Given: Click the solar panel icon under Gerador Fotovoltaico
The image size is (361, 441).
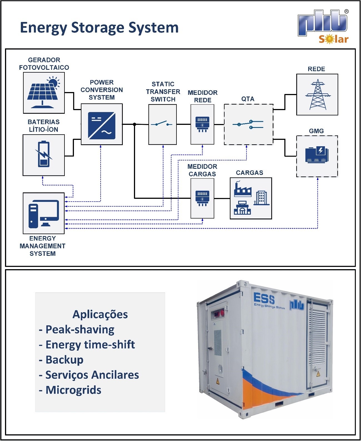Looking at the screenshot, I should point(44,92).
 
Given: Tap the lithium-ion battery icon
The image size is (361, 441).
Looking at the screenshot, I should point(44,155).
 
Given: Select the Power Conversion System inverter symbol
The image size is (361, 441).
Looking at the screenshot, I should point(101,125).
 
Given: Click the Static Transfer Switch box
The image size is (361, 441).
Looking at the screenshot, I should point(163,124).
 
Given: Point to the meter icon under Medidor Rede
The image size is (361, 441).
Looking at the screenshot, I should point(202,124).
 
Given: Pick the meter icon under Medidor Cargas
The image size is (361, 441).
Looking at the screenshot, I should point(202,198).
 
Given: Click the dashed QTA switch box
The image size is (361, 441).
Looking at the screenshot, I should point(248,124).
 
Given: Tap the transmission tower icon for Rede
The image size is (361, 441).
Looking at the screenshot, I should point(317,95).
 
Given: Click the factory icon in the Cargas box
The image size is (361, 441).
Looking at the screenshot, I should point(243,190).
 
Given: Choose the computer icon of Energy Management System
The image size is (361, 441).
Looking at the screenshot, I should point(44,214).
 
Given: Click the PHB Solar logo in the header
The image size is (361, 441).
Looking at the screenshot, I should point(323,27).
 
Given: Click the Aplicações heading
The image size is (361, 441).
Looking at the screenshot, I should point(100,314).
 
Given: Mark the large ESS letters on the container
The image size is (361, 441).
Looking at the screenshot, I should point(264,299).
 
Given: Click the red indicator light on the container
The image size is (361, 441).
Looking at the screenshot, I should point(222,313).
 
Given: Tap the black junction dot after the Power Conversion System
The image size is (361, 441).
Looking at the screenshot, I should point(135,124).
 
